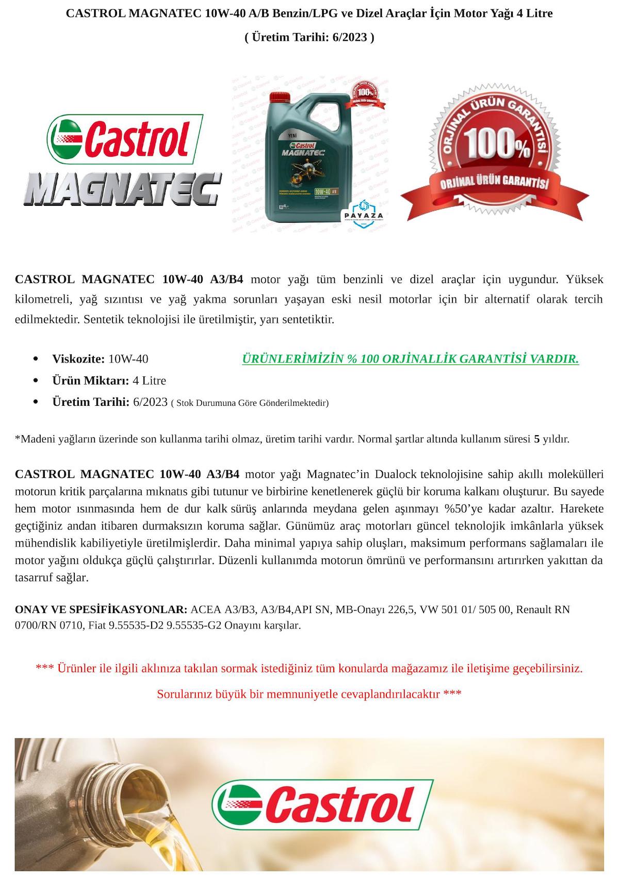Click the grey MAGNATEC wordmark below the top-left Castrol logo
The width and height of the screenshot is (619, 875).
coord(122,189)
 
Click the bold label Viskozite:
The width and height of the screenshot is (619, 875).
coord(78,359)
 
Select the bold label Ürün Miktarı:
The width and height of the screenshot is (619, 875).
coord(90,381)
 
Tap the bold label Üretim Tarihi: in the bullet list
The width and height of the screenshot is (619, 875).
coord(91,402)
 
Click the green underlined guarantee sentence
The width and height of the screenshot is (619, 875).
coord(410,359)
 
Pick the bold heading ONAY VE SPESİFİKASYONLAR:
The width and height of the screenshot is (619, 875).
coord(101,609)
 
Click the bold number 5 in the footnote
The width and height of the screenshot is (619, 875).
coord(536,439)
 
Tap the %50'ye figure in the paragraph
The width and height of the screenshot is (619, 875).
coord(463,508)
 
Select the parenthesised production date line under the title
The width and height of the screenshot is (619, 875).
coord(309,37)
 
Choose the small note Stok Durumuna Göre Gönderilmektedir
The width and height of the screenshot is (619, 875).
coord(250,403)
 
